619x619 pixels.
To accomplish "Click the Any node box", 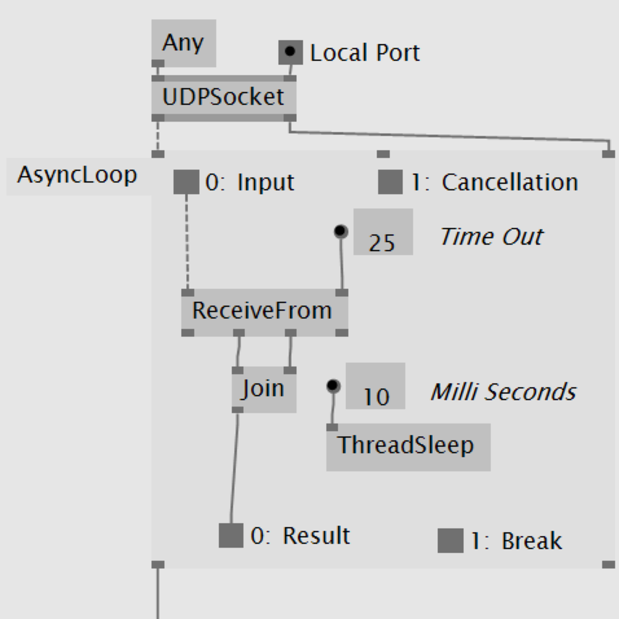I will [183, 43].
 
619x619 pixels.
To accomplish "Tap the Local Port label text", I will [365, 53].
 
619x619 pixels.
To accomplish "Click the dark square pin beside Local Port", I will [290, 52].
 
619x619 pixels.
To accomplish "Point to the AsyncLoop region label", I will [77, 176].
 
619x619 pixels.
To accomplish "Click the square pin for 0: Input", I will [186, 182].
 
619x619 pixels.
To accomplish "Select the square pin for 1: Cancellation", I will [390, 182].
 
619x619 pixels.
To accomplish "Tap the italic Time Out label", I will [491, 237].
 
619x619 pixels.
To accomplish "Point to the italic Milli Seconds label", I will [503, 392].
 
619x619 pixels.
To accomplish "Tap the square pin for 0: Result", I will [231, 535].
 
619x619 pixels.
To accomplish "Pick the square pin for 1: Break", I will [450, 541].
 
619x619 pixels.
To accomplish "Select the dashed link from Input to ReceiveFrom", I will [187, 243].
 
